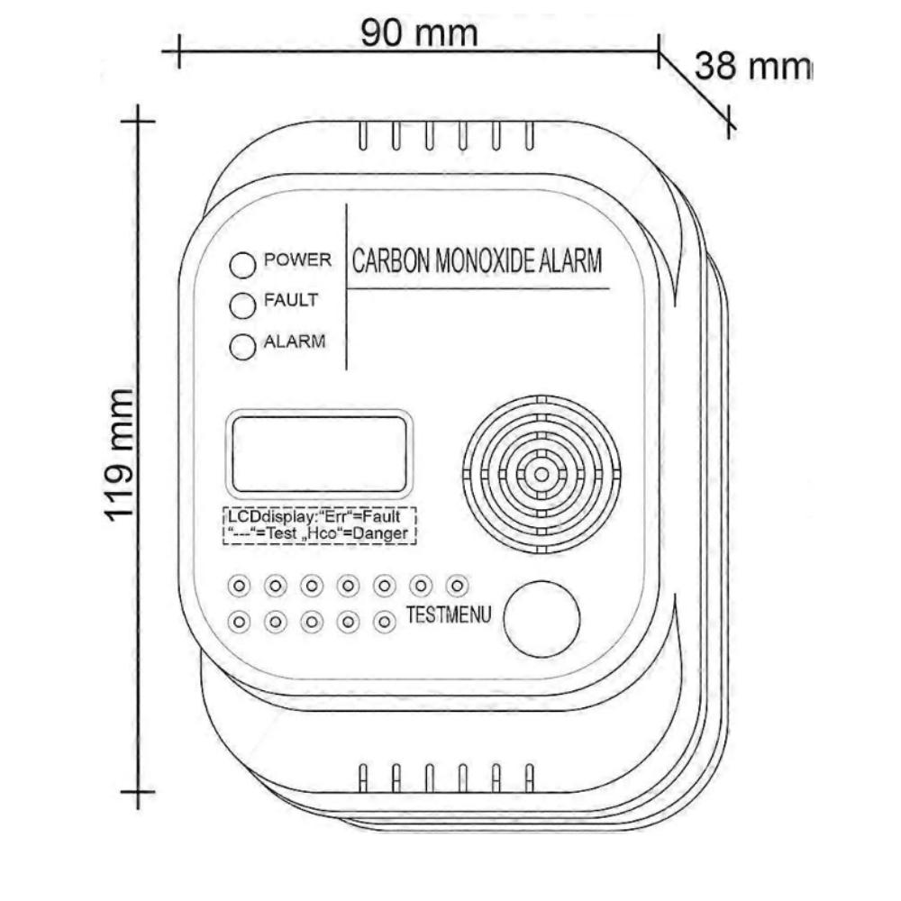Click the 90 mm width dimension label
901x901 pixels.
point(419,33)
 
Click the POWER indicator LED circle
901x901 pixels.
point(243,266)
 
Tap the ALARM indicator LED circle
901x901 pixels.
point(243,347)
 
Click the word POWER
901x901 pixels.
point(297,260)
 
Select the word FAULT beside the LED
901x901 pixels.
point(290,301)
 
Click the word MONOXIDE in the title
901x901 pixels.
point(487,262)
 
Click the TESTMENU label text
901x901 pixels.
point(448,616)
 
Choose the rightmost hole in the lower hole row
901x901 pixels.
point(385,621)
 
